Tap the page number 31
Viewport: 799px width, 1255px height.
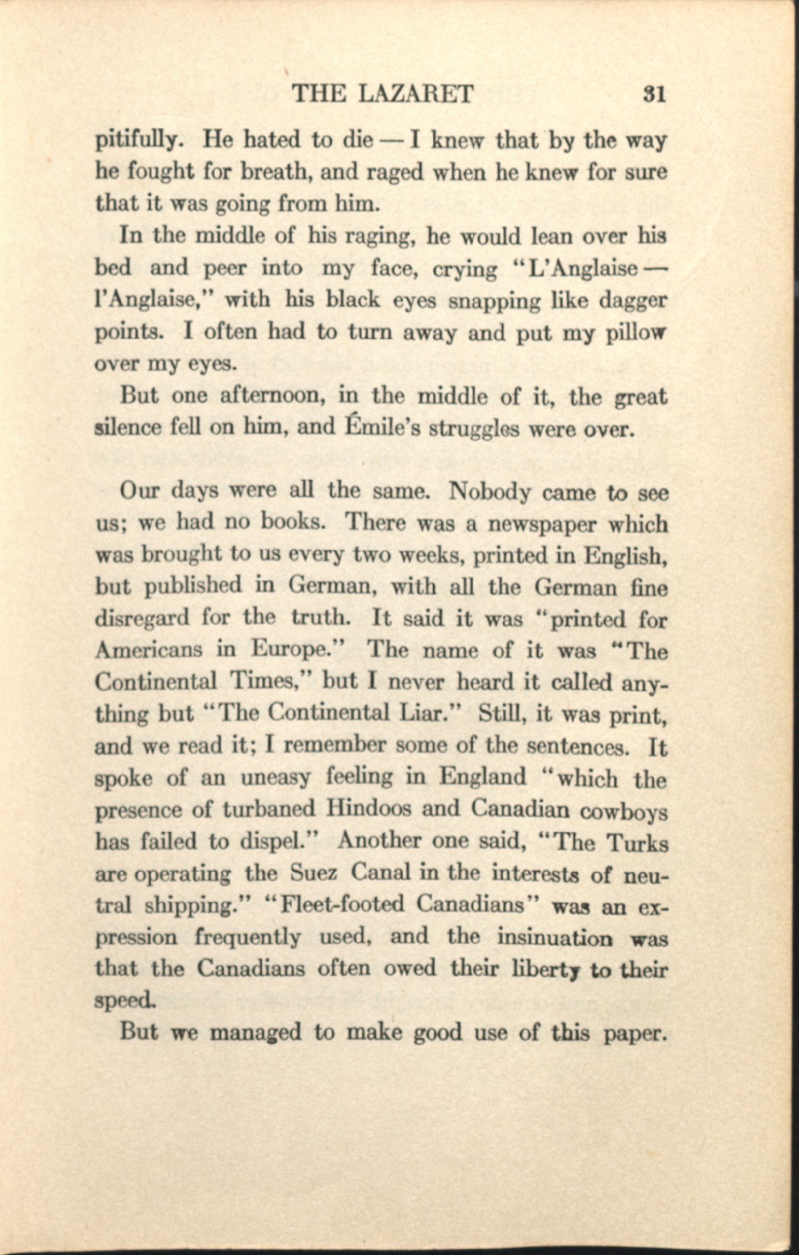click(654, 94)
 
